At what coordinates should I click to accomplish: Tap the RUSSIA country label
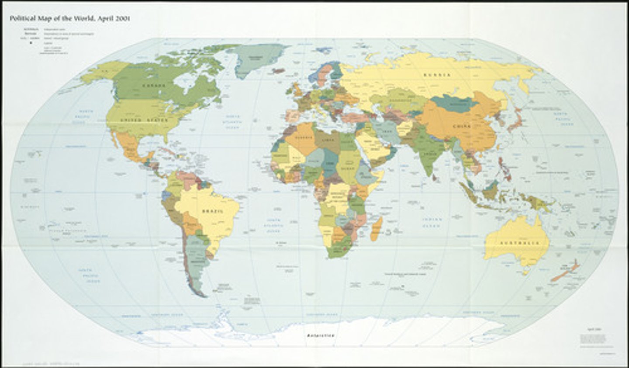tap(437, 75)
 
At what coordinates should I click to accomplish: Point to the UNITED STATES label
tap(144, 119)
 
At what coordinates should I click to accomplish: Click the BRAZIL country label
tap(213, 211)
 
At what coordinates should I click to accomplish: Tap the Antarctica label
tap(320, 335)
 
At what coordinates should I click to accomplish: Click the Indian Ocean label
tap(432, 223)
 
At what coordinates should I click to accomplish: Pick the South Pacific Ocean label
tap(89, 275)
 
